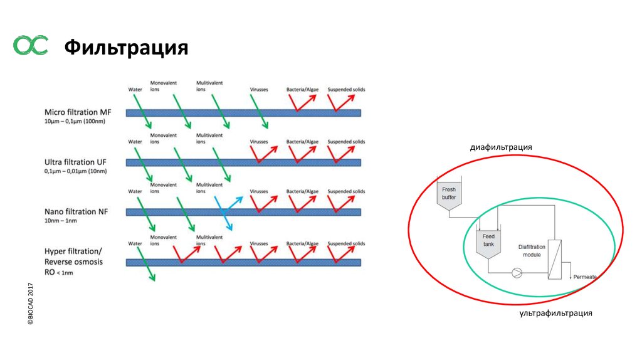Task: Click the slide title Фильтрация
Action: [127, 47]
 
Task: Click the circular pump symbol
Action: [517, 273]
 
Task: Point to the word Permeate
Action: [584, 277]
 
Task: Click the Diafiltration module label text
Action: [532, 251]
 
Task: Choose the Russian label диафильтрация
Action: [501, 147]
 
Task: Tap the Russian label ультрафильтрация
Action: [555, 313]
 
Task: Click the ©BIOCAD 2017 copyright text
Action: [29, 304]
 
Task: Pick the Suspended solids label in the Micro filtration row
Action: [346, 90]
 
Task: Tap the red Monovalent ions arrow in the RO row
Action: [186, 253]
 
